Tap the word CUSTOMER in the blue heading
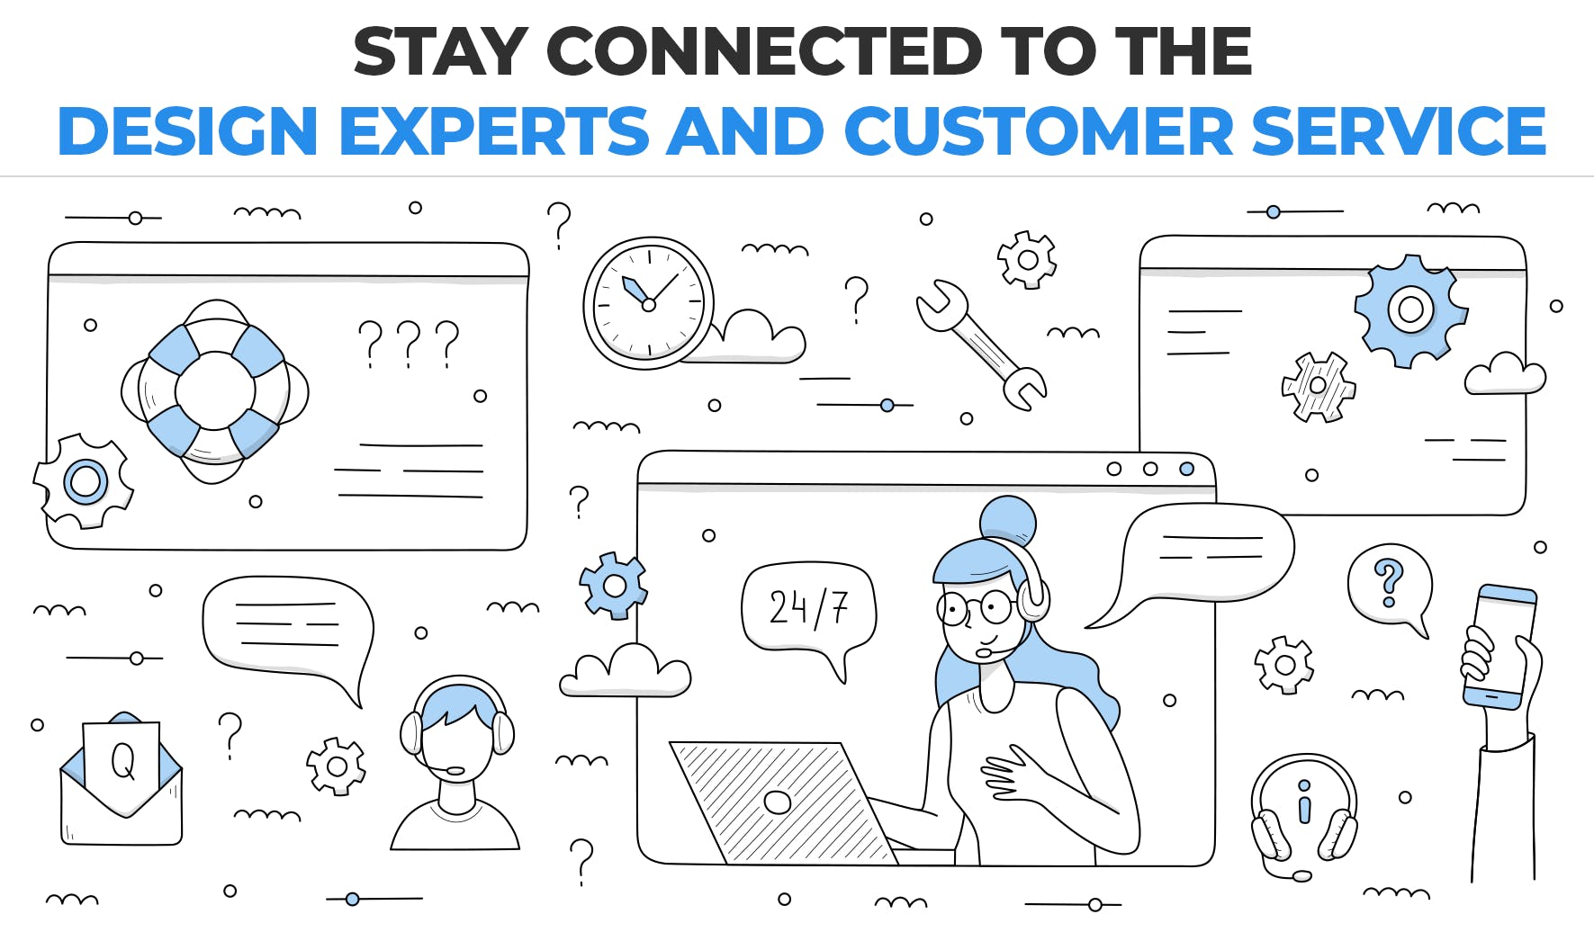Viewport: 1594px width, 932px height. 1038,131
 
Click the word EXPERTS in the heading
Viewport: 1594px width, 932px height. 494,131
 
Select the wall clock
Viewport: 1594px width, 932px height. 649,303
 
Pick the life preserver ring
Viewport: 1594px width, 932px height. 215,391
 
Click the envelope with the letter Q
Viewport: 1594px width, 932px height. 122,779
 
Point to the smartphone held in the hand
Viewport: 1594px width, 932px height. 1499,646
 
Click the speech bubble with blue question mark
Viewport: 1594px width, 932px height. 1389,587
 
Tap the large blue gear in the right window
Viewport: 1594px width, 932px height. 1410,310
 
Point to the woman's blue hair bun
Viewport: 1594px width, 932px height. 1007,520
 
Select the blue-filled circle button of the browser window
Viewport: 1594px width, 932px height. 1187,469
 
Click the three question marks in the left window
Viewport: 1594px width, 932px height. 409,344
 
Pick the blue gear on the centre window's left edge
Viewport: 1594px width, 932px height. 614,586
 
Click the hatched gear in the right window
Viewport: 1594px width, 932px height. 1319,387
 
